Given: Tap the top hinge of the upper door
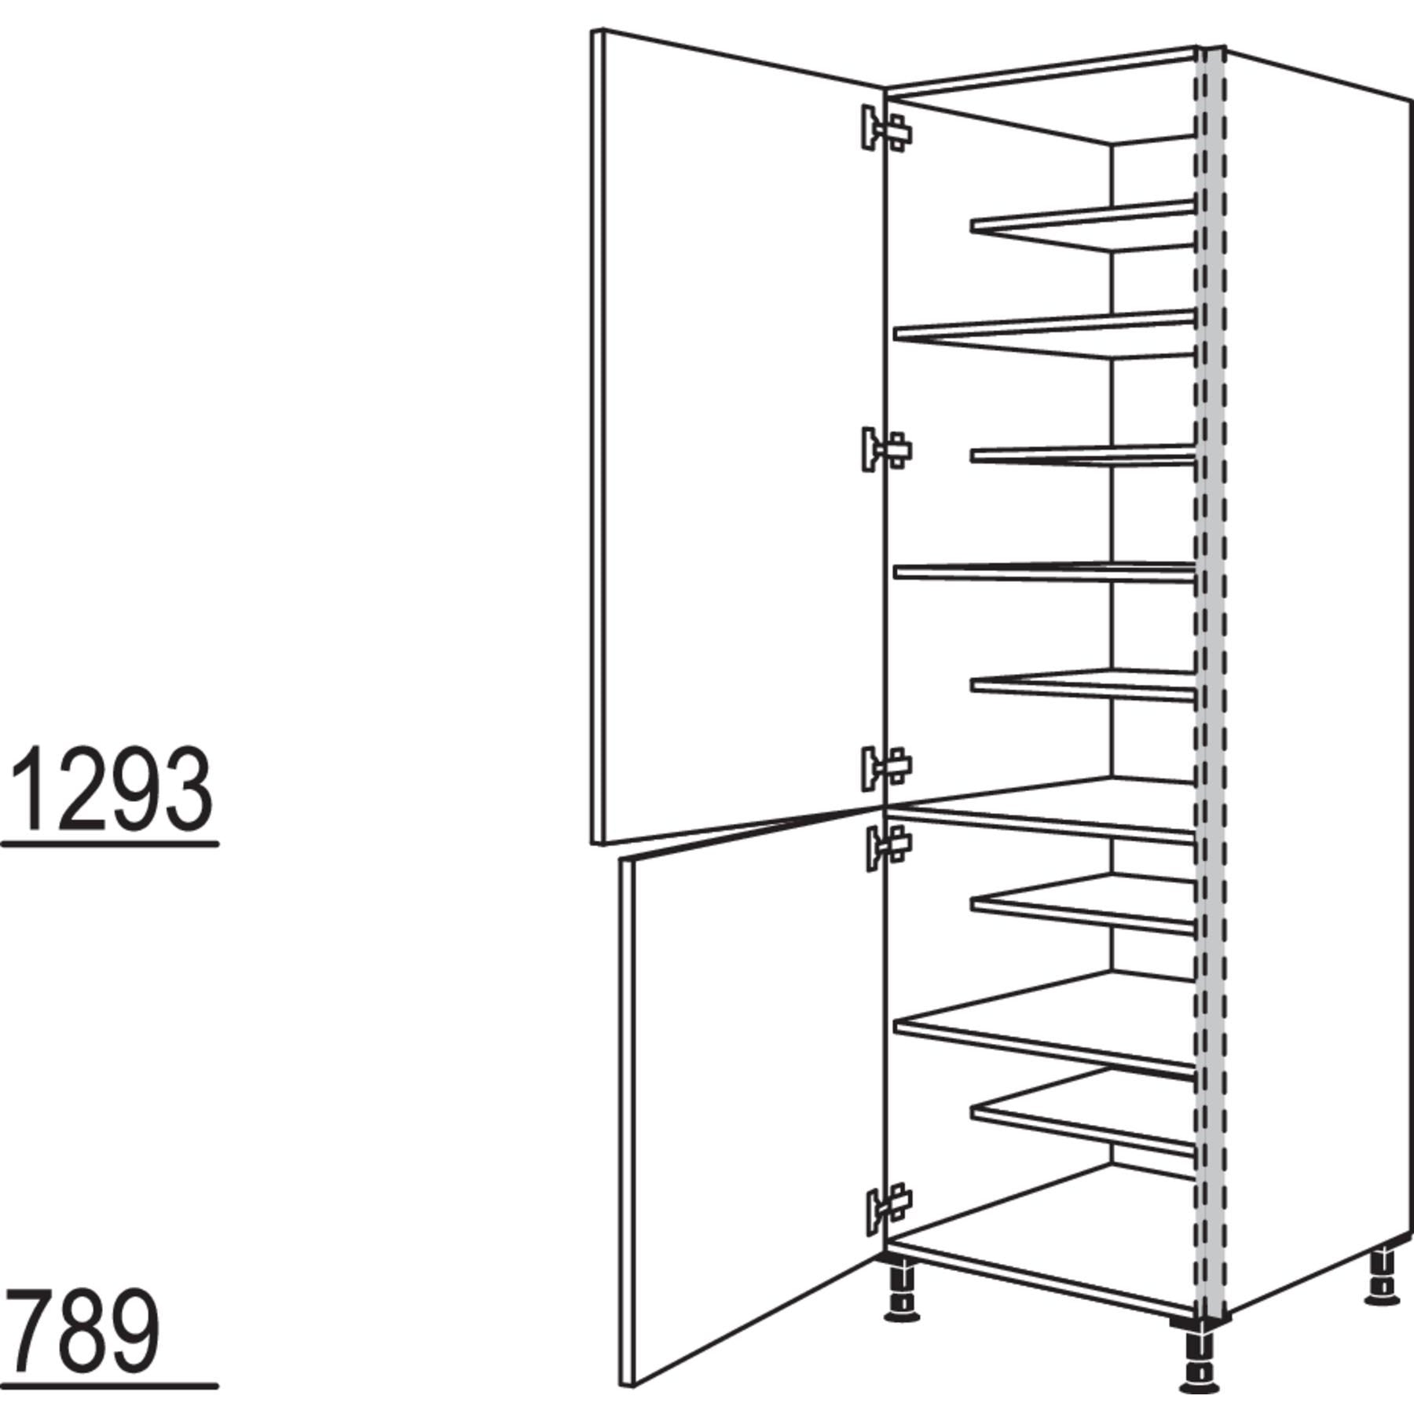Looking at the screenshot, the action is coord(887,128).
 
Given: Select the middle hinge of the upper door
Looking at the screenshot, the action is coord(887,450).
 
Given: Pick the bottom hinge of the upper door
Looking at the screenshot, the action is coord(887,767).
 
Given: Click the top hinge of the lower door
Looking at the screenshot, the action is coord(888,847).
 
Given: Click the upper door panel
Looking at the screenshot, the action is coord(738,436).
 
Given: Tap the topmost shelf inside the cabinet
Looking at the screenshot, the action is coord(1082,226).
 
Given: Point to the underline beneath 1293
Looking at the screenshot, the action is coord(110,845).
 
